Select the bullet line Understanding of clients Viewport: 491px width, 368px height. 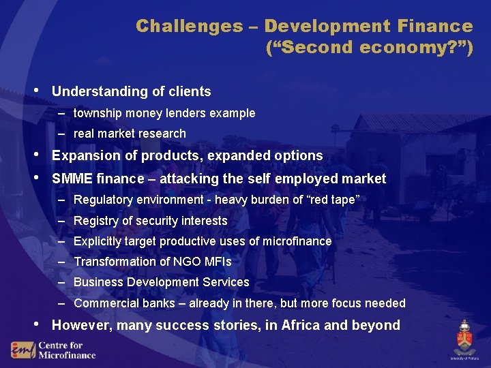click(131, 91)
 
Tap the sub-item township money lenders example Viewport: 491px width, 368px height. click(164, 113)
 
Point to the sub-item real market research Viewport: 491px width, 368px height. click(129, 134)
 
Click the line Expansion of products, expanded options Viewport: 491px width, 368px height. click(187, 155)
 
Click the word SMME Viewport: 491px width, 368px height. click(72, 179)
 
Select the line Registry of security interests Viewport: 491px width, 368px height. click(150, 221)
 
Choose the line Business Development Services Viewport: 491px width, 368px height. click(161, 282)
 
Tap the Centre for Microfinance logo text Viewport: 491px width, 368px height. click(66, 350)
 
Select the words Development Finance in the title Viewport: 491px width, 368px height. click(368, 27)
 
